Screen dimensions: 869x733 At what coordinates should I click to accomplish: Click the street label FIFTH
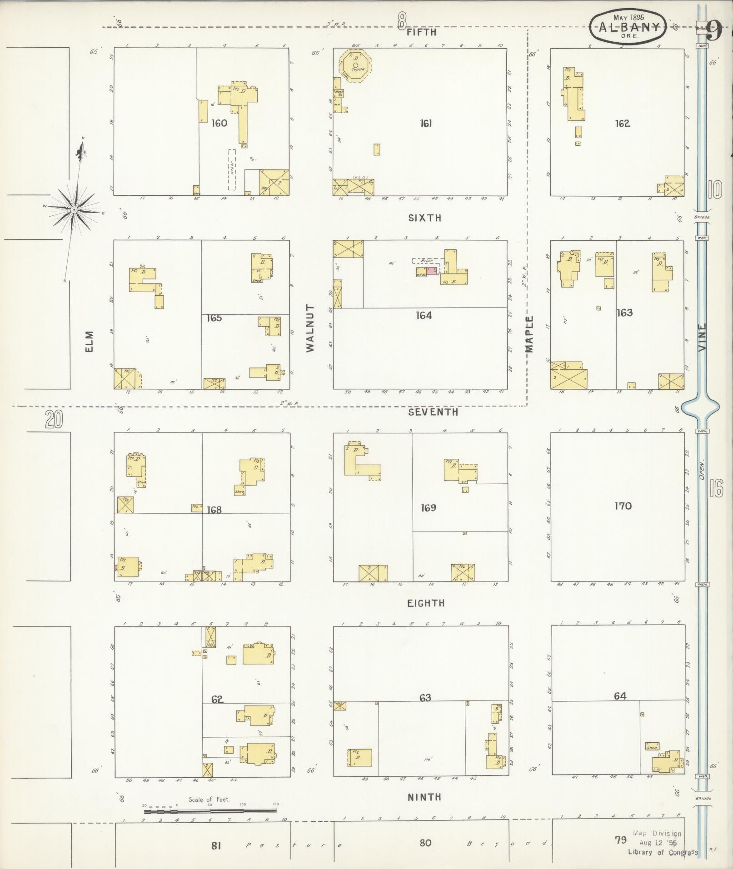click(x=421, y=32)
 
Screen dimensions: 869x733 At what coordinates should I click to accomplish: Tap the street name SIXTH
click(x=424, y=218)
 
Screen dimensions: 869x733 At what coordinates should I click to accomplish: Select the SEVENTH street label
click(x=433, y=412)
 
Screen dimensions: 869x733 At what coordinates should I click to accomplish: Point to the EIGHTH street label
click(x=425, y=603)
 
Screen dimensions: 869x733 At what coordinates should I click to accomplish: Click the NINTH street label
click(x=424, y=797)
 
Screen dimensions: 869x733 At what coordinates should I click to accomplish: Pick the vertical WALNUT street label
click(x=310, y=328)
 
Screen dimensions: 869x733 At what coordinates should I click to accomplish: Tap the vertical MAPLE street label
click(x=529, y=334)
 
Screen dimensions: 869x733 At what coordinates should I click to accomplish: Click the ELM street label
click(x=89, y=341)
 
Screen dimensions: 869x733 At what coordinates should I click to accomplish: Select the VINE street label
click(x=703, y=337)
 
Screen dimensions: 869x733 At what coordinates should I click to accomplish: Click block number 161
click(x=425, y=123)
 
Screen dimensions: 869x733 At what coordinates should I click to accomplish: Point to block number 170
click(x=623, y=506)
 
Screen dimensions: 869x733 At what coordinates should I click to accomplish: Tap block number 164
click(x=424, y=315)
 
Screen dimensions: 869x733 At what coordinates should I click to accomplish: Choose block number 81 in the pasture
click(x=216, y=845)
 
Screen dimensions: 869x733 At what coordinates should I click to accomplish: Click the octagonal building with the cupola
click(x=355, y=65)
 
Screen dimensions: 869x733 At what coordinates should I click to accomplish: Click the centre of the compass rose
click(x=73, y=209)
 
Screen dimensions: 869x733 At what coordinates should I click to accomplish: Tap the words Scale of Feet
click(x=209, y=799)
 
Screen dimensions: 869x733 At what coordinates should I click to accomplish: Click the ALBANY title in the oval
click(x=629, y=27)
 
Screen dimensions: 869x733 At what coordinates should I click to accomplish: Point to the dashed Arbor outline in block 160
click(x=232, y=169)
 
